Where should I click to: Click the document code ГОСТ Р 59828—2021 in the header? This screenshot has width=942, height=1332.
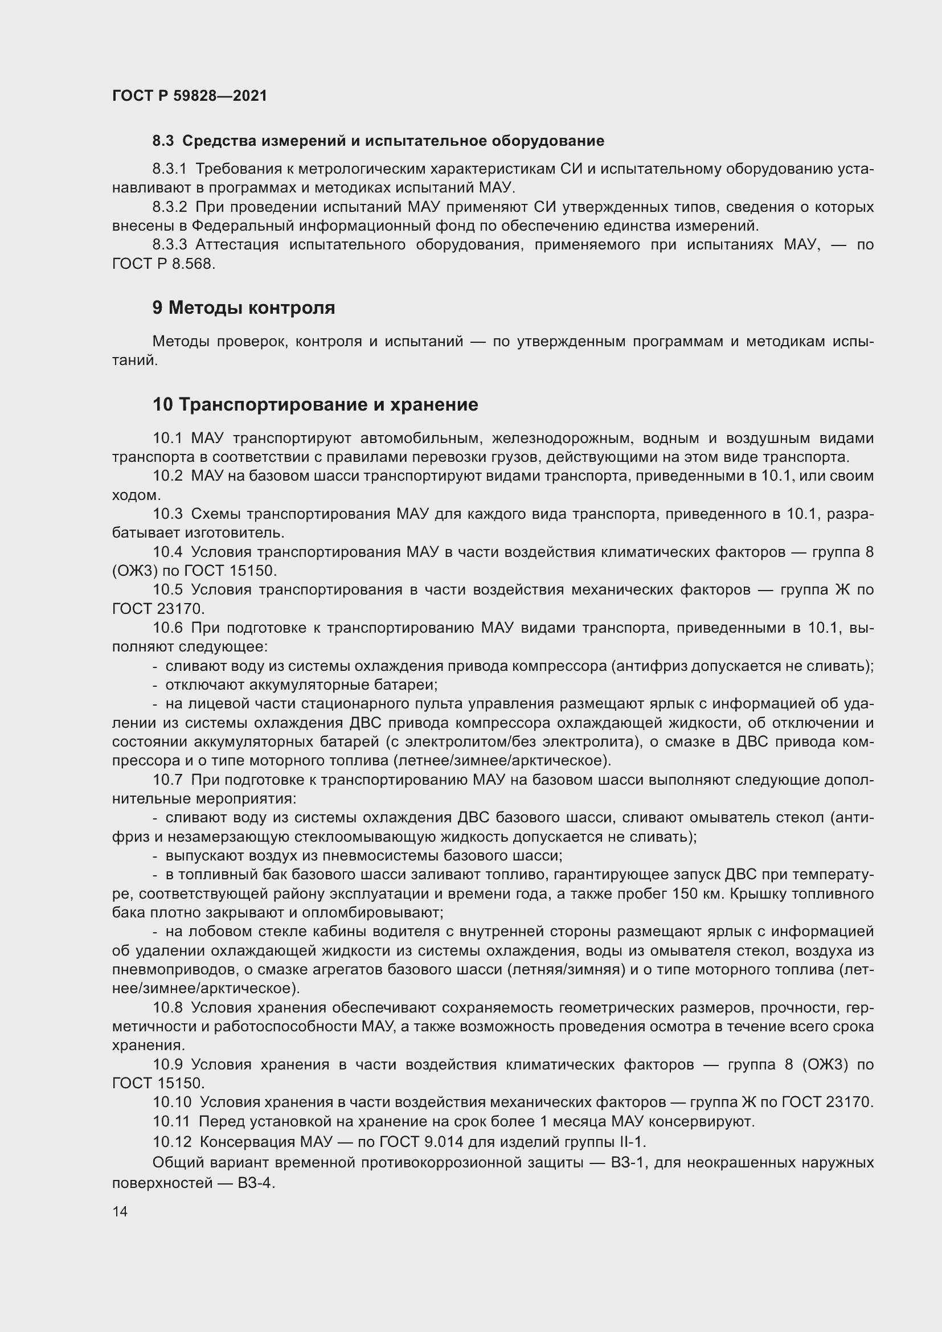click(x=190, y=96)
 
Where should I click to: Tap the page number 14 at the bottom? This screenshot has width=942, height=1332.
click(x=120, y=1211)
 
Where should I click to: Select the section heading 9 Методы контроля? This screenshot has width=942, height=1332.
click(x=244, y=308)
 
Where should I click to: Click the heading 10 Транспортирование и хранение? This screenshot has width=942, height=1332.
click(x=315, y=404)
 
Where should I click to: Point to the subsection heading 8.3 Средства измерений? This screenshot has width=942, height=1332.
click(x=378, y=141)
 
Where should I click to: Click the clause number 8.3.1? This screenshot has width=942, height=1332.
click(x=169, y=169)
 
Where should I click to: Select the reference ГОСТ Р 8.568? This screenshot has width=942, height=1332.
click(x=163, y=264)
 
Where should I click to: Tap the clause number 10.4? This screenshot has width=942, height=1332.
click(x=167, y=552)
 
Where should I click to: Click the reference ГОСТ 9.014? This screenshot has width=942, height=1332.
click(x=421, y=1142)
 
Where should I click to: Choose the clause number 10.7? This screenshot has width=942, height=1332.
click(x=167, y=780)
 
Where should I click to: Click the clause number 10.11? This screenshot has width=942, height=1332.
click(x=171, y=1121)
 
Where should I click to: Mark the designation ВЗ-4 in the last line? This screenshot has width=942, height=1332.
click(x=256, y=1183)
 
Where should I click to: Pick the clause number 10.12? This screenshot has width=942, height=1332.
click(x=171, y=1142)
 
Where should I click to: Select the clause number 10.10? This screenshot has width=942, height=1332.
click(x=171, y=1102)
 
